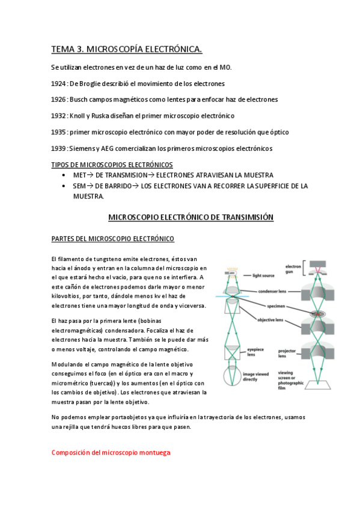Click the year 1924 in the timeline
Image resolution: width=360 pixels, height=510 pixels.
pos(58,84)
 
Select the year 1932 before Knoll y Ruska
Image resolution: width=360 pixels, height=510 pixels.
pos(58,116)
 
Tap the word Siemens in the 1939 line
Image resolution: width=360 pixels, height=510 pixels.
pos(82,149)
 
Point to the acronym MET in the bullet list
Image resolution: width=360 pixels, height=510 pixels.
pos(79,176)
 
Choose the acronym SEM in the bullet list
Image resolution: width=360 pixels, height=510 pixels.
pos(79,186)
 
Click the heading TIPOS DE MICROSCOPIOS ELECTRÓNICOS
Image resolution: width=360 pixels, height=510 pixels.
pos(112,165)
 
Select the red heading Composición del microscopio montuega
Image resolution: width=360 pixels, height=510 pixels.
pos(111,453)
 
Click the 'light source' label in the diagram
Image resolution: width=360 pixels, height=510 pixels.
pos(263,275)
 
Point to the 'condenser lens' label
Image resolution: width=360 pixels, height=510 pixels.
pos(272,292)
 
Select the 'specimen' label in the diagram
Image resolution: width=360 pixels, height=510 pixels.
pos(276,306)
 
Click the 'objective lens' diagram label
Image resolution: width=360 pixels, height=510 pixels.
pos(270,320)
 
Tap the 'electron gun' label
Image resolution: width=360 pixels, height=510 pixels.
pos(293,269)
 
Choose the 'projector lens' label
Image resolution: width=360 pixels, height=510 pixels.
pos(287,353)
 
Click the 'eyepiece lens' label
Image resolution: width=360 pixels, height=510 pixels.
pos(255,352)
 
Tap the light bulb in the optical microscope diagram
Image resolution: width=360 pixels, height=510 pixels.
pos(232,273)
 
